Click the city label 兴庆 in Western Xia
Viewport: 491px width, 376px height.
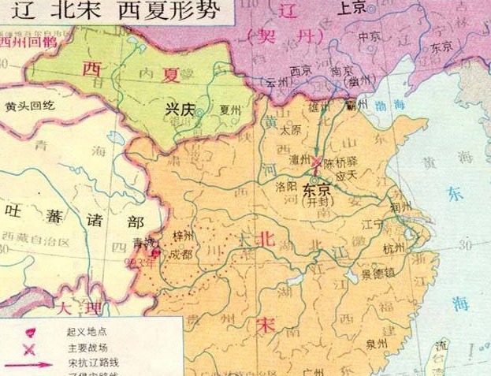click(x=178, y=110)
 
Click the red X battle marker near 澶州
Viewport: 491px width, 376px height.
click(x=317, y=163)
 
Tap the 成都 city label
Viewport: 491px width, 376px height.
click(x=180, y=255)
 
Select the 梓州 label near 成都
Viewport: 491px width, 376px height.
click(x=184, y=235)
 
